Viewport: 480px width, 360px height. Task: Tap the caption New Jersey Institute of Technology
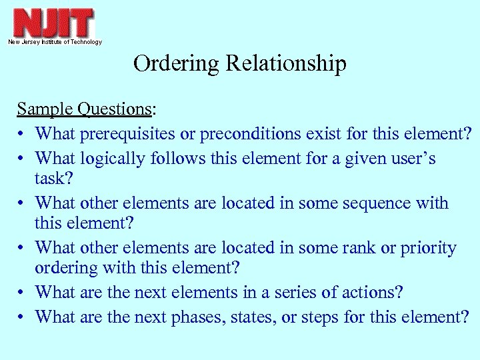coord(55,42)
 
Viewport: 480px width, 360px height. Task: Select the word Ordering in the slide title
coord(177,64)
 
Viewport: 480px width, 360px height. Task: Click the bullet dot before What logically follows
coord(22,159)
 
